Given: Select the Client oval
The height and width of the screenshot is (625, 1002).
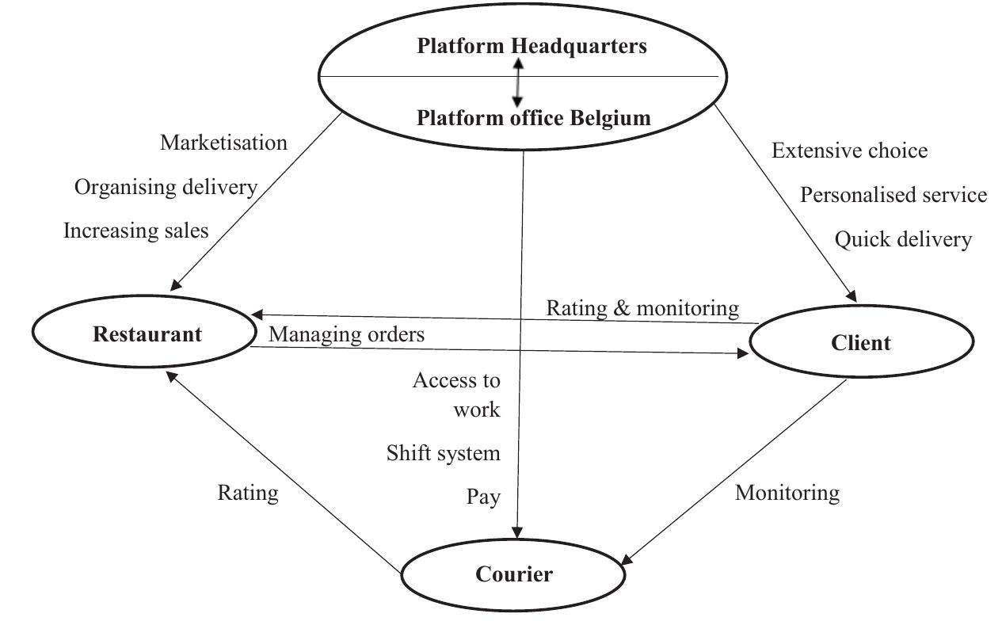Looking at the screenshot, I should click(860, 343).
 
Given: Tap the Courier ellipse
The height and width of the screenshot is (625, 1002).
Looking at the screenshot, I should click(513, 574).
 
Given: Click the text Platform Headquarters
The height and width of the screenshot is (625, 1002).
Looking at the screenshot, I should click(531, 46).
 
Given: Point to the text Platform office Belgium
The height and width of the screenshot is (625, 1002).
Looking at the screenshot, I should click(533, 118).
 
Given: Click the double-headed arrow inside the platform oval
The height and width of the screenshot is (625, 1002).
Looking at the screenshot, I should click(518, 82).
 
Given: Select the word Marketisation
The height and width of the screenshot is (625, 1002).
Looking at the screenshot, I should click(223, 143).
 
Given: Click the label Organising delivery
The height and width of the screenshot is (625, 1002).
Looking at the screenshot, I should click(166, 187).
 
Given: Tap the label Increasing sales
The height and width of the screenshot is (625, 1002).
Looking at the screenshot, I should click(135, 231).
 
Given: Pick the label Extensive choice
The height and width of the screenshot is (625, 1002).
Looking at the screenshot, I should click(849, 151).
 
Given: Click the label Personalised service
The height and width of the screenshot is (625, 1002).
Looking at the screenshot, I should click(893, 195).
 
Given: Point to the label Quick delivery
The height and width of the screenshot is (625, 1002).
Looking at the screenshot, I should click(903, 239).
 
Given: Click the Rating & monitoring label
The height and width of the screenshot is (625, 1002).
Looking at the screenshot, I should click(642, 307).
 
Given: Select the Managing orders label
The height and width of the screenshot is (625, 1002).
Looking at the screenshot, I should click(346, 334).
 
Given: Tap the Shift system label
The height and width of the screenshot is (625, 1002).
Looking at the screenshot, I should click(444, 453).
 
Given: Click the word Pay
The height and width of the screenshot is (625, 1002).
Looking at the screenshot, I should click(483, 497).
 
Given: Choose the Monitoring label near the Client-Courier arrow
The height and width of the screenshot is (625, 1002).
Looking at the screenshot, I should click(787, 493).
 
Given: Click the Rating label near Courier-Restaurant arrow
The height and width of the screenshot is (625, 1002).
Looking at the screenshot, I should click(248, 493).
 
